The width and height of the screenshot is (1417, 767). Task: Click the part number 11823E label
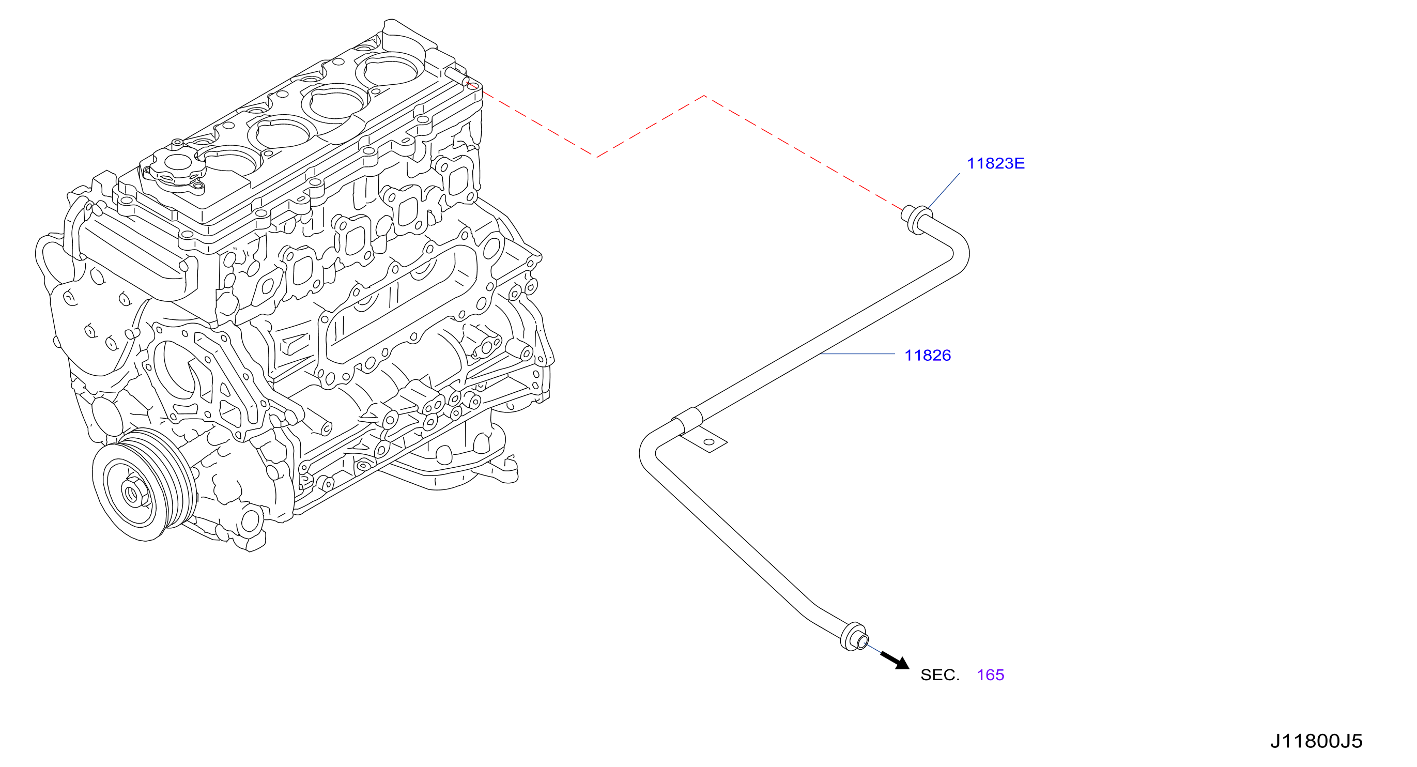tap(996, 163)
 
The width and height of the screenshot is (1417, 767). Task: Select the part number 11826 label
tap(928, 356)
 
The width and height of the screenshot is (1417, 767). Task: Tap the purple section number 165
tap(990, 675)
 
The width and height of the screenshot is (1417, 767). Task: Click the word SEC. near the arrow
tap(939, 675)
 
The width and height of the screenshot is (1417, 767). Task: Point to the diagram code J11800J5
tap(1316, 741)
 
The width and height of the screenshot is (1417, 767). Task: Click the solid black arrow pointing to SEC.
tap(895, 660)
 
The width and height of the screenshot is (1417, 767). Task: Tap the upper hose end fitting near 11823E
tap(915, 220)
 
